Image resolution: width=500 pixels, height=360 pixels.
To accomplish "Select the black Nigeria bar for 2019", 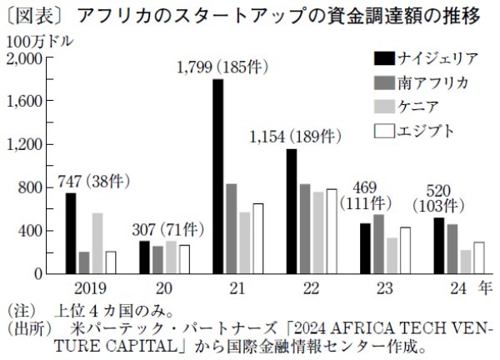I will coord(71,233).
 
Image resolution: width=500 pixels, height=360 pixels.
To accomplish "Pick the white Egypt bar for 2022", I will coord(332,232).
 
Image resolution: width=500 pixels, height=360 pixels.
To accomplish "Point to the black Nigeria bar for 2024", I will coord(439,246).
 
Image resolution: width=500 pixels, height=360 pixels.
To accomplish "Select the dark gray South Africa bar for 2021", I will coord(231,228).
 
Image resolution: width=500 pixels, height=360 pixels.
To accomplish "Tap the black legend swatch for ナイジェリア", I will coord(383,58).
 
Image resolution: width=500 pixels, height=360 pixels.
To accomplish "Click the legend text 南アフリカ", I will coord(433,82).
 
